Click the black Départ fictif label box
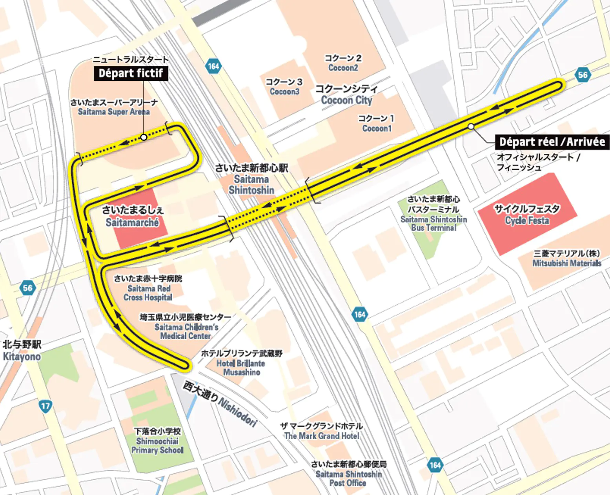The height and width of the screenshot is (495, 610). [x=131, y=73]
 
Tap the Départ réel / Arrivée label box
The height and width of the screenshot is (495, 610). [x=552, y=142]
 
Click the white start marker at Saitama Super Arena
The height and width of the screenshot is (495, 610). [x=144, y=137]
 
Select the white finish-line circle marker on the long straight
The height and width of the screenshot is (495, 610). [x=471, y=126]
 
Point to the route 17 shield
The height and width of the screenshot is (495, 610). [x=46, y=406]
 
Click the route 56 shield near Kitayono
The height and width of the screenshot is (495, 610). [x=27, y=288]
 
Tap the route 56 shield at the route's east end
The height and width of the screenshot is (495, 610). [x=583, y=75]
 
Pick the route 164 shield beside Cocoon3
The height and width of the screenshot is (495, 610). [x=213, y=66]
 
